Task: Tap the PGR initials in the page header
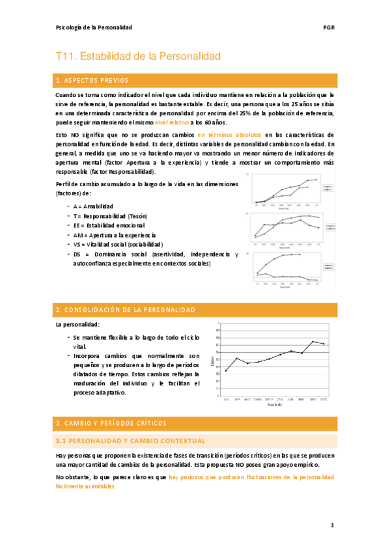[x=329, y=27]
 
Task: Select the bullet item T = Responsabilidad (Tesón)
[x=110, y=215]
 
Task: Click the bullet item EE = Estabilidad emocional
[x=109, y=225]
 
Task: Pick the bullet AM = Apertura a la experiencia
[x=115, y=235]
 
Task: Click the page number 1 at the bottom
[x=331, y=525]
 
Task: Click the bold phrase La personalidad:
[x=77, y=324]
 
